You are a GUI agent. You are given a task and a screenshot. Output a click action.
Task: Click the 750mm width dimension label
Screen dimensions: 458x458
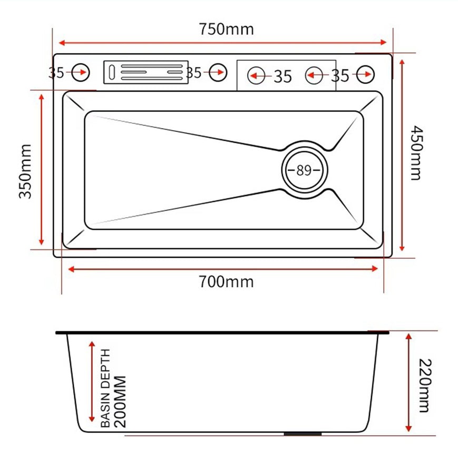[226, 28]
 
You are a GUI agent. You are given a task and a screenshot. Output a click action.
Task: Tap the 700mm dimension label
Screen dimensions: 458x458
[226, 282]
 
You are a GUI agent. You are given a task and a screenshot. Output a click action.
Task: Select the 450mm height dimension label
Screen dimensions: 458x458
[416, 153]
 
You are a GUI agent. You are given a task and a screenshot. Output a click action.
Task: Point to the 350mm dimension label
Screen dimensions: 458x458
[25, 171]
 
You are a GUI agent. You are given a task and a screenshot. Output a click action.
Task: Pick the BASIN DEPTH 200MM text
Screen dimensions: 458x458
[113, 387]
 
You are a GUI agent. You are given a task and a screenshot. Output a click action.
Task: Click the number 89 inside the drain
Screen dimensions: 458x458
[304, 170]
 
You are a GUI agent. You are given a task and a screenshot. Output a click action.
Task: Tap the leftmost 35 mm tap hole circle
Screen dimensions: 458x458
[80, 73]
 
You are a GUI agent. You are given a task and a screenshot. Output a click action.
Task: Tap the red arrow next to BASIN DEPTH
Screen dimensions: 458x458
[92, 382]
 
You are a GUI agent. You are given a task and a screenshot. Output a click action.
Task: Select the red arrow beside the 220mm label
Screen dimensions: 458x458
[408, 383]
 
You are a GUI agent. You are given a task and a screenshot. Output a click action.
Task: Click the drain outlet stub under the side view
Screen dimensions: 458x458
[303, 434]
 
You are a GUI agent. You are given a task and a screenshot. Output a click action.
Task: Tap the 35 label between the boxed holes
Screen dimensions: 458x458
[282, 76]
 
